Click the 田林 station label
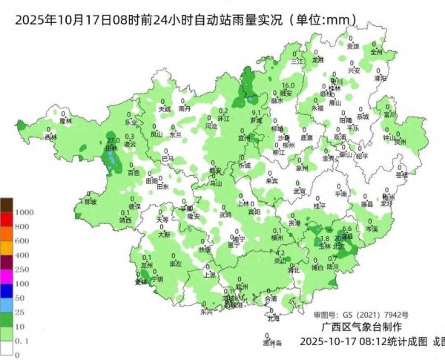pyautogui.click(x=113, y=148)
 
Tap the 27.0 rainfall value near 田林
pyautogui.click(x=113, y=140)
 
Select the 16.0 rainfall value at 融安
pyautogui.click(x=289, y=86)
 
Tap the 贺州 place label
pyautogui.click(x=400, y=140)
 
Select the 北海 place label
pyautogui.click(x=273, y=318)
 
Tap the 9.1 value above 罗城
pyautogui.click(x=255, y=112)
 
